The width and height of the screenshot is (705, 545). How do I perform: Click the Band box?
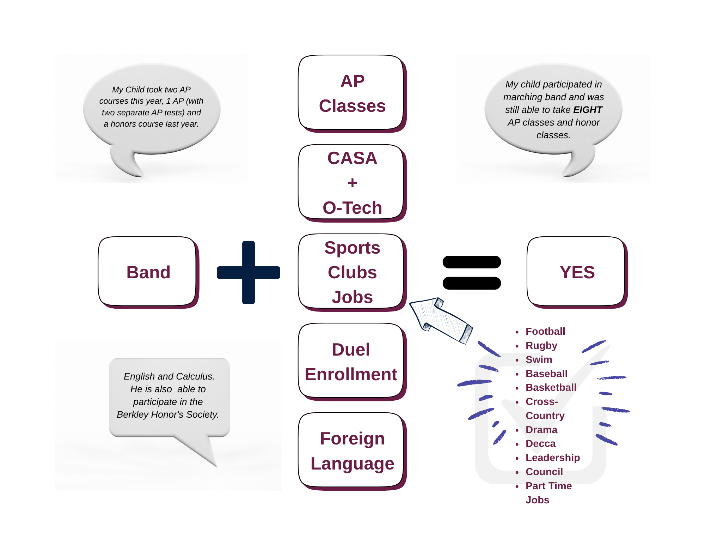148,271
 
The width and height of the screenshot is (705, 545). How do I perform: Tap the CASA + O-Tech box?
351,182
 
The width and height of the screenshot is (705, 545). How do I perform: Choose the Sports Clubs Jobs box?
351,272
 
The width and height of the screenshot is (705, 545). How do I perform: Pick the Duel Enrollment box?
351,362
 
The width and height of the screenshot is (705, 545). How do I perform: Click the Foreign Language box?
351,451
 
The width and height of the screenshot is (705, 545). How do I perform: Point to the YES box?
577,272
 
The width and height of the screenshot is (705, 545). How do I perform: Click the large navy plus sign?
249,272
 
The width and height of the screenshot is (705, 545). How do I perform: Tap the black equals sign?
472,272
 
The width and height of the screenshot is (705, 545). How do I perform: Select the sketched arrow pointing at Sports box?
441,319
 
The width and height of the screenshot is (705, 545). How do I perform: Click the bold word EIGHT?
588,110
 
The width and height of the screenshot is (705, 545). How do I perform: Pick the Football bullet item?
545,331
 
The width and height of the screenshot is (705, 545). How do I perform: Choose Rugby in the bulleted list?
541,345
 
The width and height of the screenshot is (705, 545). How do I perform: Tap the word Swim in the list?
539,359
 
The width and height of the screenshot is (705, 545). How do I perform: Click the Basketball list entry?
551,387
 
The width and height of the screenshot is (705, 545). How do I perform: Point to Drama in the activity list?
541,430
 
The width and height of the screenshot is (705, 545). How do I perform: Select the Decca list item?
540,443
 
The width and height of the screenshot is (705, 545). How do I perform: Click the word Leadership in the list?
552,458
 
